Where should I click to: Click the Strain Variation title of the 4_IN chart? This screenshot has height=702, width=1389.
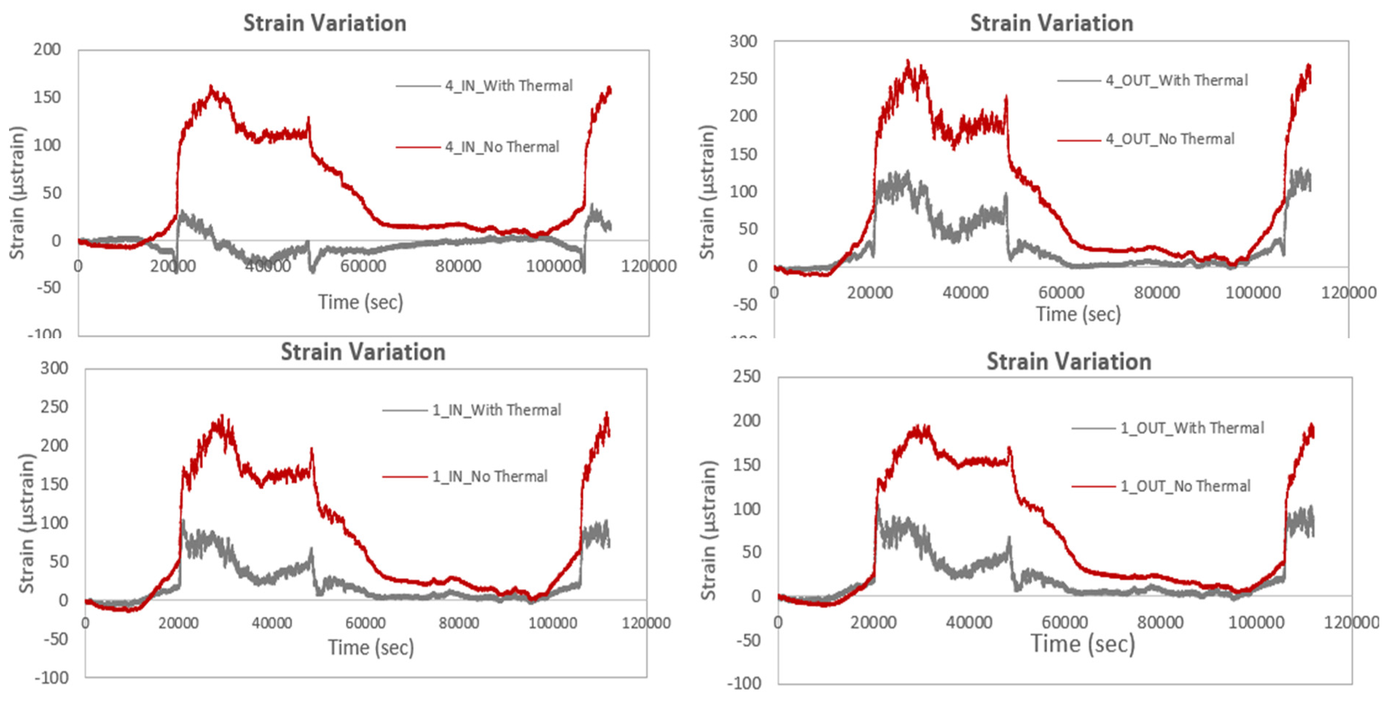pyautogui.click(x=325, y=23)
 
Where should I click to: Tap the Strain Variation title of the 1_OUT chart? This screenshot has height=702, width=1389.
pyautogui.click(x=1069, y=361)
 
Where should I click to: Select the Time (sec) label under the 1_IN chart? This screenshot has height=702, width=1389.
pyautogui.click(x=371, y=647)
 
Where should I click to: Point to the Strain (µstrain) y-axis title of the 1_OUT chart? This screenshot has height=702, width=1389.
pyautogui.click(x=708, y=530)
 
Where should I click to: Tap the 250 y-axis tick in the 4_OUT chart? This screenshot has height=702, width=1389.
pyautogui.click(x=743, y=79)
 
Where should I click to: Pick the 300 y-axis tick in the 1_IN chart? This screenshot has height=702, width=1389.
pyautogui.click(x=54, y=368)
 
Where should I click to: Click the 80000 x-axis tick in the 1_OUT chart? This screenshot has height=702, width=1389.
pyautogui.click(x=1160, y=623)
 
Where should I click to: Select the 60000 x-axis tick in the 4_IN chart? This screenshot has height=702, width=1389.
pyautogui.click(x=363, y=266)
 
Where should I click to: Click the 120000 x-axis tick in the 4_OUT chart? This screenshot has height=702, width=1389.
pyautogui.click(x=1348, y=293)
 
